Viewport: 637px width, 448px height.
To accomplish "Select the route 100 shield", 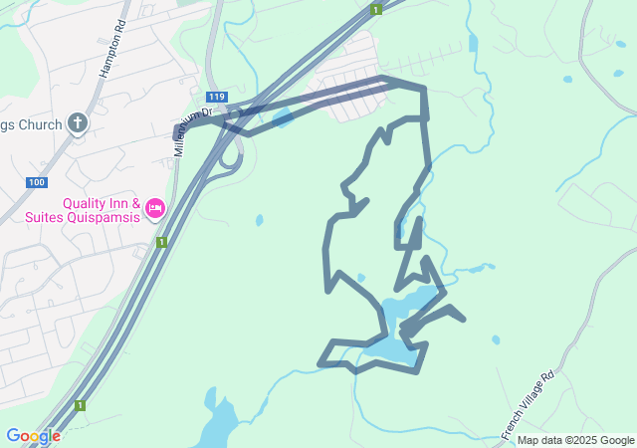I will (37, 182).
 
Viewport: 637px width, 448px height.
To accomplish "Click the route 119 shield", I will (218, 97).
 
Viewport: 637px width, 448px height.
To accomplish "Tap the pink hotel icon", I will (154, 208).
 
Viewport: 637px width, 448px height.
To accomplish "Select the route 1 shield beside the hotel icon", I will (160, 242).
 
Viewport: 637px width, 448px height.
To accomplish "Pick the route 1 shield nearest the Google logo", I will (80, 405).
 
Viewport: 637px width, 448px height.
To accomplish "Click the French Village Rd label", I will (528, 405).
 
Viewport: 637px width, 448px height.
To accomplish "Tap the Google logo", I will (32, 436).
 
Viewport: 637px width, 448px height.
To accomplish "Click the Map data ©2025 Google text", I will (575, 440).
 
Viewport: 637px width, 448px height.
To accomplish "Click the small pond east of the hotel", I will (259, 220).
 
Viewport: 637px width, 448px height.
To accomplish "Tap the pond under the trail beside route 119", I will (283, 120).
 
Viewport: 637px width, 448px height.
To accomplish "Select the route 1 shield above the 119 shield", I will (375, 9).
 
